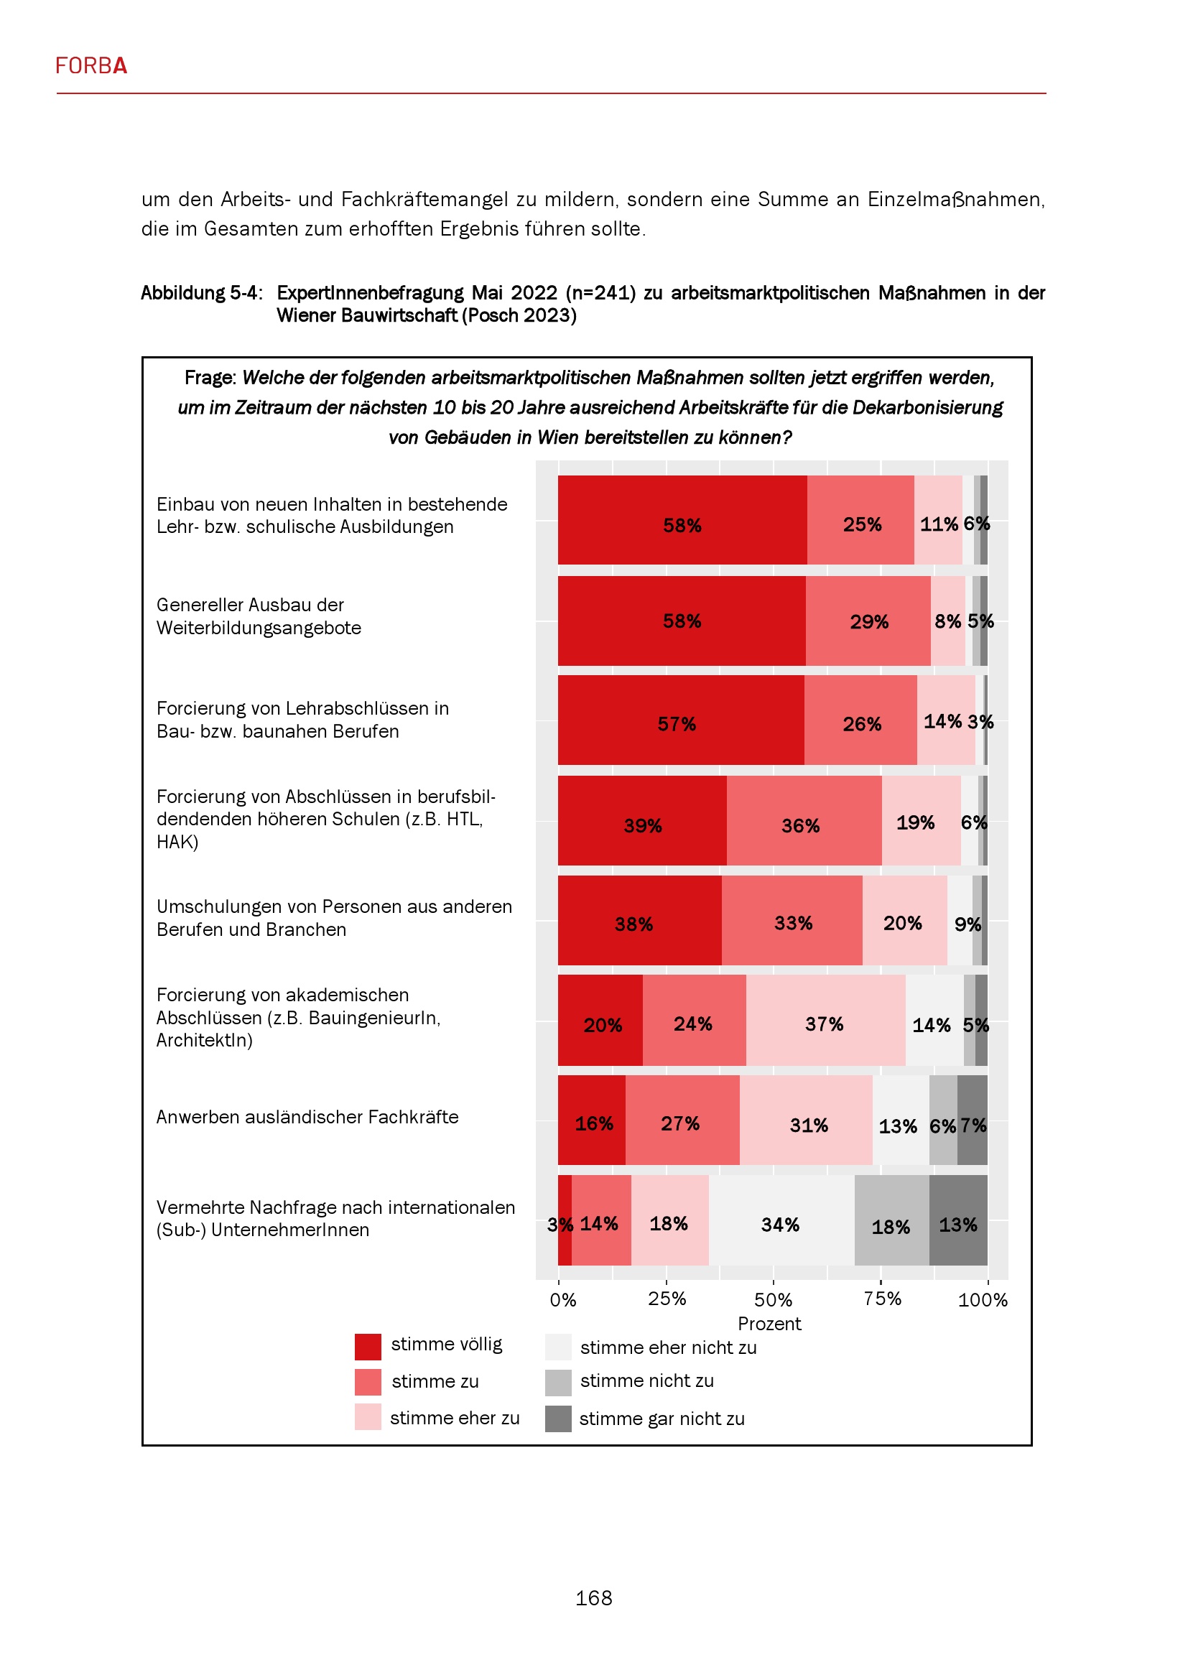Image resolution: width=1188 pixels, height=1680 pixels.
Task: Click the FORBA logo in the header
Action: (91, 66)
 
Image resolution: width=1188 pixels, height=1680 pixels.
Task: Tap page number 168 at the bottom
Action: (593, 1597)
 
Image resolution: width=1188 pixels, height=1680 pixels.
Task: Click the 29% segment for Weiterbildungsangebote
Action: (868, 621)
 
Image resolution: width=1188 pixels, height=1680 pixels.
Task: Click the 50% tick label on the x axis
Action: (774, 1299)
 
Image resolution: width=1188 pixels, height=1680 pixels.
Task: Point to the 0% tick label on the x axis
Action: (562, 1299)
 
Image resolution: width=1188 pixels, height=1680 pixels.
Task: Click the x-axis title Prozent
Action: (769, 1323)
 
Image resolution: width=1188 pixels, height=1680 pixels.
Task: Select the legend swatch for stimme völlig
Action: (367, 1346)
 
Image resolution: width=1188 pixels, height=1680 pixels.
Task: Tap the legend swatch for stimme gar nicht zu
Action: (558, 1418)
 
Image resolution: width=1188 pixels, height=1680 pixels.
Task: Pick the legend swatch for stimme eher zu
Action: (367, 1416)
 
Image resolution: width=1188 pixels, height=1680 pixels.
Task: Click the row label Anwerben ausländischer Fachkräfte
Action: (307, 1117)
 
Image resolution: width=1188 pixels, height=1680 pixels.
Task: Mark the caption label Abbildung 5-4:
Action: (201, 292)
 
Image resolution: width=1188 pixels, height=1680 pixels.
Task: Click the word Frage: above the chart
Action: (210, 378)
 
